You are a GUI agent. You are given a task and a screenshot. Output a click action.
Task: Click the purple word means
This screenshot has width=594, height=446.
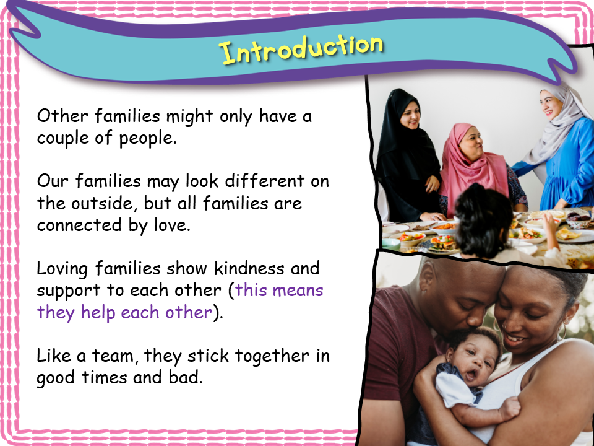click(x=300, y=290)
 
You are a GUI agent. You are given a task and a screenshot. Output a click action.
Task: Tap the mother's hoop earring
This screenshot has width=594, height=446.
click(x=561, y=332)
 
